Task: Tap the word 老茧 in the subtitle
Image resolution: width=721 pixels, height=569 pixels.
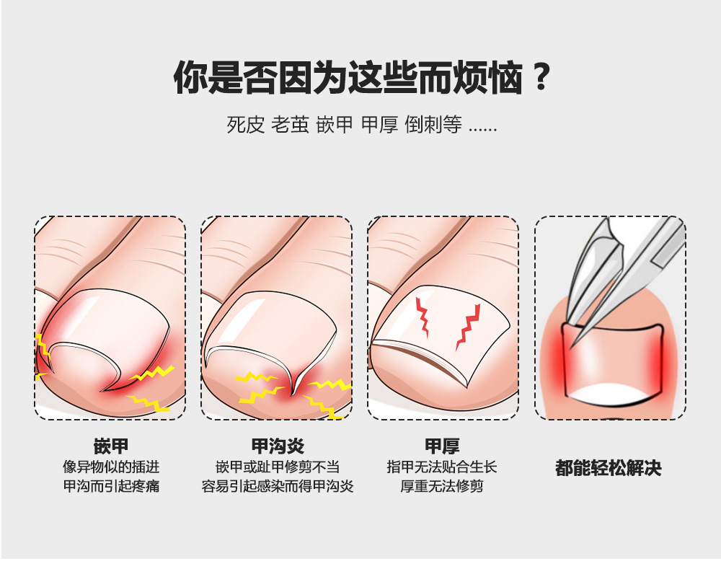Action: pos(290,125)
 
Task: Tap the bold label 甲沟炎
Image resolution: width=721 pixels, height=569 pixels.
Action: pos(278,446)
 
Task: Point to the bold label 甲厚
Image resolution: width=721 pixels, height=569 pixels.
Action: pos(442,446)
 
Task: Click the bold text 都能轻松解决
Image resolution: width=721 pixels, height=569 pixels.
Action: pos(609,468)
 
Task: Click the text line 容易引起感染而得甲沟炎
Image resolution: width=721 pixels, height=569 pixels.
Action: pos(278,486)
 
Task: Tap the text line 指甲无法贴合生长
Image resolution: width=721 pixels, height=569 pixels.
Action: pos(442,467)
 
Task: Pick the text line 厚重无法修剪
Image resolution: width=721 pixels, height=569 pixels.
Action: pos(442,486)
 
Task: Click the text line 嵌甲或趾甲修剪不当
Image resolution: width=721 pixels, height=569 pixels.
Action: pos(278,467)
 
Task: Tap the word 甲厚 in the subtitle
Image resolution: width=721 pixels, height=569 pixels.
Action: pos(380,125)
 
